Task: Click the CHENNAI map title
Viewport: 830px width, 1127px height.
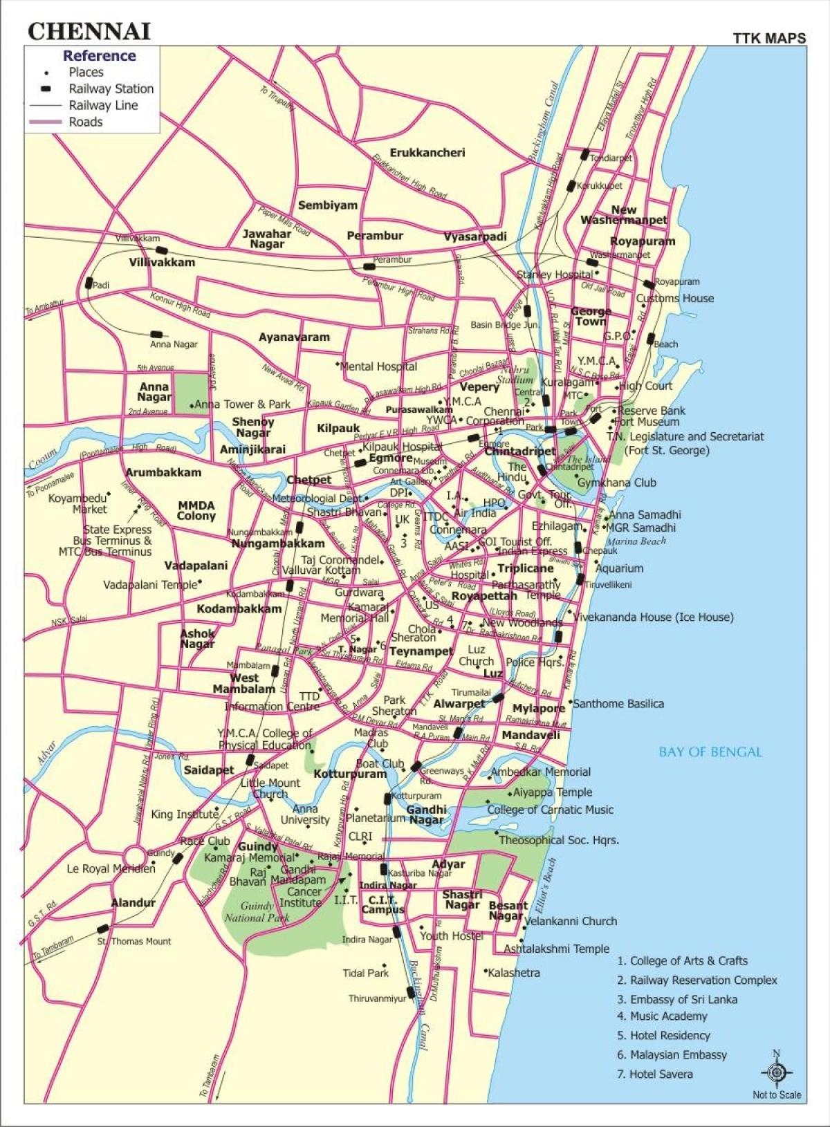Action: click(x=89, y=31)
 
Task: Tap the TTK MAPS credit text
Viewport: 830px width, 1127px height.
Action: click(x=769, y=38)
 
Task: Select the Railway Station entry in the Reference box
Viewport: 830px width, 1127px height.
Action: click(x=111, y=89)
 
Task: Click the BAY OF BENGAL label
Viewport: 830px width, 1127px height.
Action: click(x=710, y=752)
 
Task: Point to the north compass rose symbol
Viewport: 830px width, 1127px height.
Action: click(x=776, y=1072)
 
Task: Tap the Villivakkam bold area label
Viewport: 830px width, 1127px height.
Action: click(x=162, y=263)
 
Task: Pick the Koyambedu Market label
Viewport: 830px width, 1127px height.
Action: click(x=77, y=503)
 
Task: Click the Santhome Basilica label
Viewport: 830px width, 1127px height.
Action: click(x=618, y=704)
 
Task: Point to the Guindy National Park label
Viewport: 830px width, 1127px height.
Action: click(x=256, y=911)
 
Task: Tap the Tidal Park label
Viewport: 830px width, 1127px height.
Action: click(x=366, y=973)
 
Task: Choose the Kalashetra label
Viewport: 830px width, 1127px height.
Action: click(x=513, y=973)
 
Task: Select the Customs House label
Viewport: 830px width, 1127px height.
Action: click(x=675, y=299)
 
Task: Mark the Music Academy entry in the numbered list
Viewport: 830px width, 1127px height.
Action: click(x=668, y=1016)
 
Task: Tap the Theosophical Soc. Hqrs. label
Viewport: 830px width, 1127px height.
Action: click(x=559, y=840)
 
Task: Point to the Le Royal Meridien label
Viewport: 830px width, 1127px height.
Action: click(x=111, y=868)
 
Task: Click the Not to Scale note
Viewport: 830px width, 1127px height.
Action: click(x=777, y=1095)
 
